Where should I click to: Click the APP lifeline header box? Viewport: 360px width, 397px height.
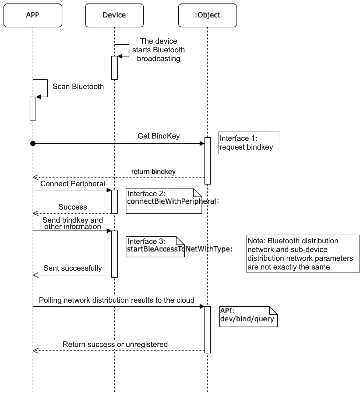point(33,15)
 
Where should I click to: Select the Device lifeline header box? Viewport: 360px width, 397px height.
point(114,15)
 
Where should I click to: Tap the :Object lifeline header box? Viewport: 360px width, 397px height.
point(207,15)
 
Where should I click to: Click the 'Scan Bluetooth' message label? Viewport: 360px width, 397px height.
point(78,86)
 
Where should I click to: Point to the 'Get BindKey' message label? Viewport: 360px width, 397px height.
point(158,136)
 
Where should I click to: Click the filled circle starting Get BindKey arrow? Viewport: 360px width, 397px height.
point(33,143)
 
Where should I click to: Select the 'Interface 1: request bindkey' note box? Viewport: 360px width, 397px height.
point(249,143)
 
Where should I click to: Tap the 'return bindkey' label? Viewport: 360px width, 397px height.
point(153,172)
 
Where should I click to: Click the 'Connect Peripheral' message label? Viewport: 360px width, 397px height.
point(73,184)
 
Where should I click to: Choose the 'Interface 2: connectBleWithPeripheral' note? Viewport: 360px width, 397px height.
point(164,201)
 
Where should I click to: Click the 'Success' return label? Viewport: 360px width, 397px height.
point(73,207)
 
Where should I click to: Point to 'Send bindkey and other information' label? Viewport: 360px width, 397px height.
point(73,223)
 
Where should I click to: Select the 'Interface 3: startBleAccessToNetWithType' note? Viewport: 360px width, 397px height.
point(155,247)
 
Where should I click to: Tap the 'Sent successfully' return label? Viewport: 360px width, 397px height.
point(73,268)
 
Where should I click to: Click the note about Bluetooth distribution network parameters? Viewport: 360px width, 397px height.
point(303,254)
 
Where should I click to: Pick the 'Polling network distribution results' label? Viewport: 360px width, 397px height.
point(117,300)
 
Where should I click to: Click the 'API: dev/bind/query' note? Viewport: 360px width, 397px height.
point(248,317)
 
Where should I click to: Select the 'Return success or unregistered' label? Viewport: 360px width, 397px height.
point(115,344)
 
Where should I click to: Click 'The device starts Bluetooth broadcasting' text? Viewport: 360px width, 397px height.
point(158,50)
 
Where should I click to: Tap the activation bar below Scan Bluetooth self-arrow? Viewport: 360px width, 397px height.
point(33,109)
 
